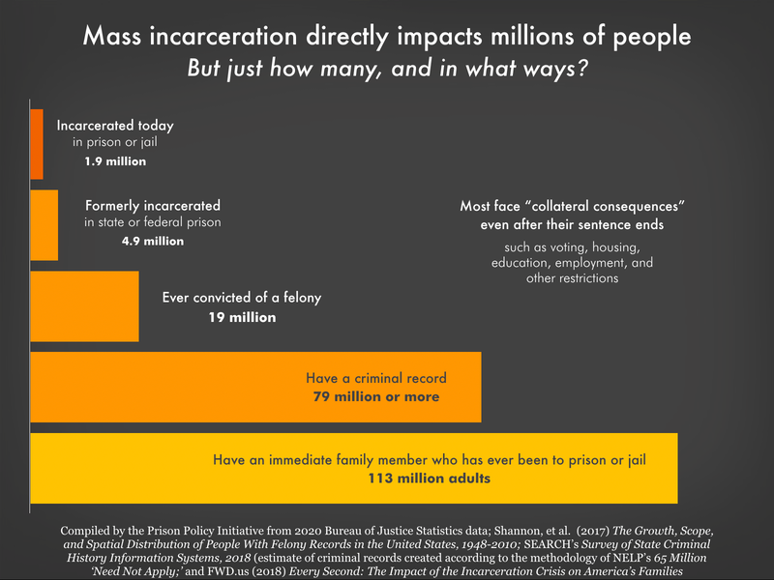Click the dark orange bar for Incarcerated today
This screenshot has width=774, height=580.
tap(37, 144)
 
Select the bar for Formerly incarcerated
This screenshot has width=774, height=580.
tap(45, 225)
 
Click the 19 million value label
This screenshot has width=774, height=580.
tap(243, 317)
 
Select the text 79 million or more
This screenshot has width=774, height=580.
tap(375, 396)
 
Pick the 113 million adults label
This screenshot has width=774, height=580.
tap(430, 478)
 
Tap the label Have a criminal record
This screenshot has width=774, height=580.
tap(375, 378)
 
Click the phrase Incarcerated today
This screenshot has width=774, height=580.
tap(114, 126)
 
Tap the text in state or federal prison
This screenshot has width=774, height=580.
tap(152, 223)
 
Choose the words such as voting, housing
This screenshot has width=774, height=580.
tap(572, 247)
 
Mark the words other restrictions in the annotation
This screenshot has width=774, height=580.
tap(572, 278)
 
